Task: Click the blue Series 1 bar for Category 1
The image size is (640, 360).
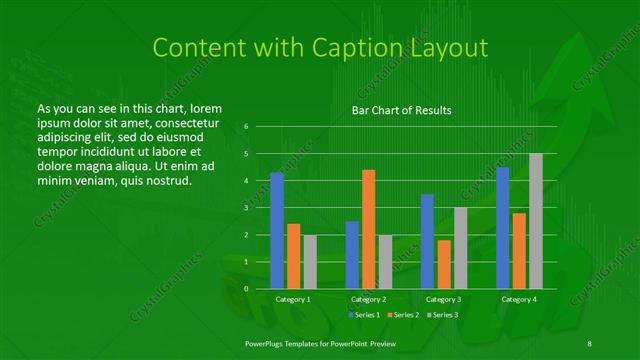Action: pyautogui.click(x=277, y=231)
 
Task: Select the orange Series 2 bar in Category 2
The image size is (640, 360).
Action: pyautogui.click(x=368, y=229)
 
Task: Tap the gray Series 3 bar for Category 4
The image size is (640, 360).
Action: pyautogui.click(x=536, y=221)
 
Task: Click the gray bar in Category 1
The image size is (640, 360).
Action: pyautogui.click(x=309, y=262)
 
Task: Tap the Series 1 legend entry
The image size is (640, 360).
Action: pyautogui.click(x=363, y=315)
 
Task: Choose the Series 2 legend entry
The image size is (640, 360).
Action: pyautogui.click(x=404, y=315)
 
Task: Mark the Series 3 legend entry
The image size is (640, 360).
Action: pyautogui.click(x=443, y=315)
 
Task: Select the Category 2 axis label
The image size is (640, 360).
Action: pyautogui.click(x=368, y=299)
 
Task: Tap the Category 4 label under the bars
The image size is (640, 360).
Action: pyautogui.click(x=519, y=299)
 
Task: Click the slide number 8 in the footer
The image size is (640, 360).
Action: pyautogui.click(x=590, y=342)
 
